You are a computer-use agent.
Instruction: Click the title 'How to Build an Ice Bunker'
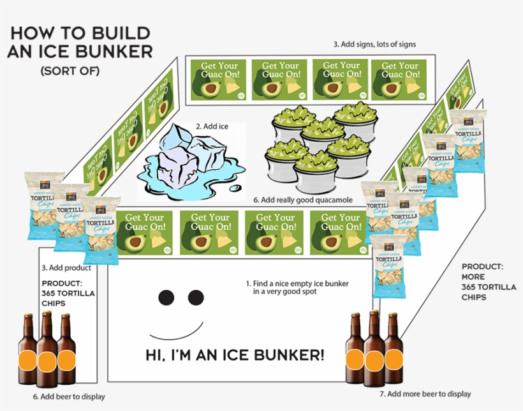click(x=80, y=41)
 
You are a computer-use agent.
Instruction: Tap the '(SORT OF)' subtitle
click(x=70, y=71)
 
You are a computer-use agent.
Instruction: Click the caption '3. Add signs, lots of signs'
click(x=374, y=44)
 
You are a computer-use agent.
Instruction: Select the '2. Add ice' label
click(x=212, y=126)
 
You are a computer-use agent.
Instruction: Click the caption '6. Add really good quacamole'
click(x=302, y=200)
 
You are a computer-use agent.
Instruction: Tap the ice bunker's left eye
click(x=166, y=297)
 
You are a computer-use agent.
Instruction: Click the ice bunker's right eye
click(x=195, y=297)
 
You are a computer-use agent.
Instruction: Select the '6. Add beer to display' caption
click(x=70, y=397)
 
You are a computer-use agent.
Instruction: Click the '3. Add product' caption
click(x=63, y=269)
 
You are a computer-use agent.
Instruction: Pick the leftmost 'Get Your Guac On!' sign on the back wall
click(x=216, y=80)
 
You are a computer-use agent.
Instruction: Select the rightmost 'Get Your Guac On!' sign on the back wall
click(x=399, y=80)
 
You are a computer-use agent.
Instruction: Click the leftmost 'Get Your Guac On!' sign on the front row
click(x=144, y=230)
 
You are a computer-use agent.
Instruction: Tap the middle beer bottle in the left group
click(x=47, y=351)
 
